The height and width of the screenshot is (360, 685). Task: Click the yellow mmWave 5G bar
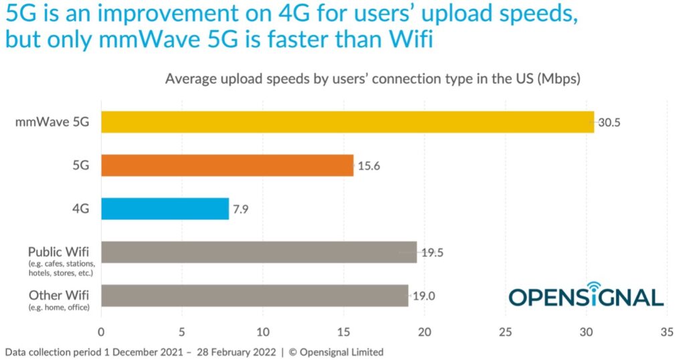point(347,122)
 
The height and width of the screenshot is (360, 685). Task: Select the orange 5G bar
point(227,165)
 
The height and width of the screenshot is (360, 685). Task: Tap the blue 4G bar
point(165,209)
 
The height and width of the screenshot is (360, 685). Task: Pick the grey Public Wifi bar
point(258,252)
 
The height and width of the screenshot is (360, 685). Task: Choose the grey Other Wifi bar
point(254,295)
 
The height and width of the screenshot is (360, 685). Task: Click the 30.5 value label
point(609,123)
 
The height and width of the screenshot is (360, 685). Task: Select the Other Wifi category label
point(60,294)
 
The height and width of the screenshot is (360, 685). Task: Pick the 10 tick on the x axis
point(263,331)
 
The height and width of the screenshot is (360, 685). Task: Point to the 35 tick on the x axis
point(666,331)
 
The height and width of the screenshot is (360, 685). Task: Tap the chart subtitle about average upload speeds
point(373,79)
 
